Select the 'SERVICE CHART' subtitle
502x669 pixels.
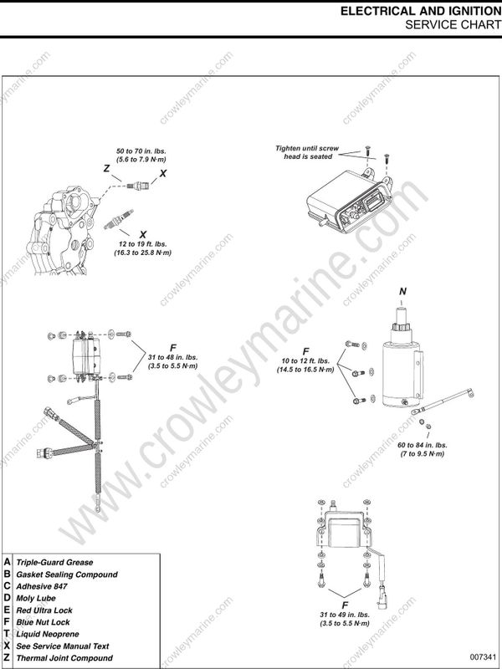451,24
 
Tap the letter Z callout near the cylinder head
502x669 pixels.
106,168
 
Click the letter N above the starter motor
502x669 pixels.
402,290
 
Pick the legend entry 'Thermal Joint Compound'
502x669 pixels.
65,658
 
